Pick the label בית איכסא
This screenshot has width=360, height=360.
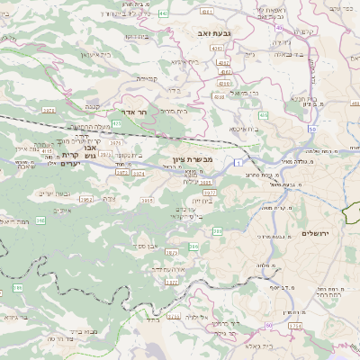[242, 130]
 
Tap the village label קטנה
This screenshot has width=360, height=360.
[91, 105]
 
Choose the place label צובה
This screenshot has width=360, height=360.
[109, 199]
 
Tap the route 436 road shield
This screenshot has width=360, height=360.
[263, 115]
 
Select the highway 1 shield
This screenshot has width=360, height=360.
[237, 162]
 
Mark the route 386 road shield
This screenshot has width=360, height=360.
[194, 246]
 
